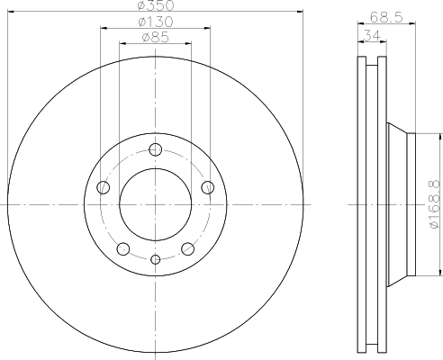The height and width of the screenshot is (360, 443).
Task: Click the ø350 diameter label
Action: click(156, 5)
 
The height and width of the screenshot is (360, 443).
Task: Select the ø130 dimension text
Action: click(156, 22)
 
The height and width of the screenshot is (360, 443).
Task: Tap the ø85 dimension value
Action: click(156, 38)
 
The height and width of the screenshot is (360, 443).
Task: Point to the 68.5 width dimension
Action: click(386, 17)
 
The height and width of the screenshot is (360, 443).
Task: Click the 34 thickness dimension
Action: click(372, 35)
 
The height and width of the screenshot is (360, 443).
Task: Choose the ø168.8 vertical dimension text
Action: click(436, 205)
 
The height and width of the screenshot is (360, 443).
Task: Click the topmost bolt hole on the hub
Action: click(155, 149)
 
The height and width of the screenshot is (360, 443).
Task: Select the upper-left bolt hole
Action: click(104, 187)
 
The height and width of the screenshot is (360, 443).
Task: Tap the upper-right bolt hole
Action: click(208, 187)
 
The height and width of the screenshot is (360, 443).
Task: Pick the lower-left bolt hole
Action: click(123, 249)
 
